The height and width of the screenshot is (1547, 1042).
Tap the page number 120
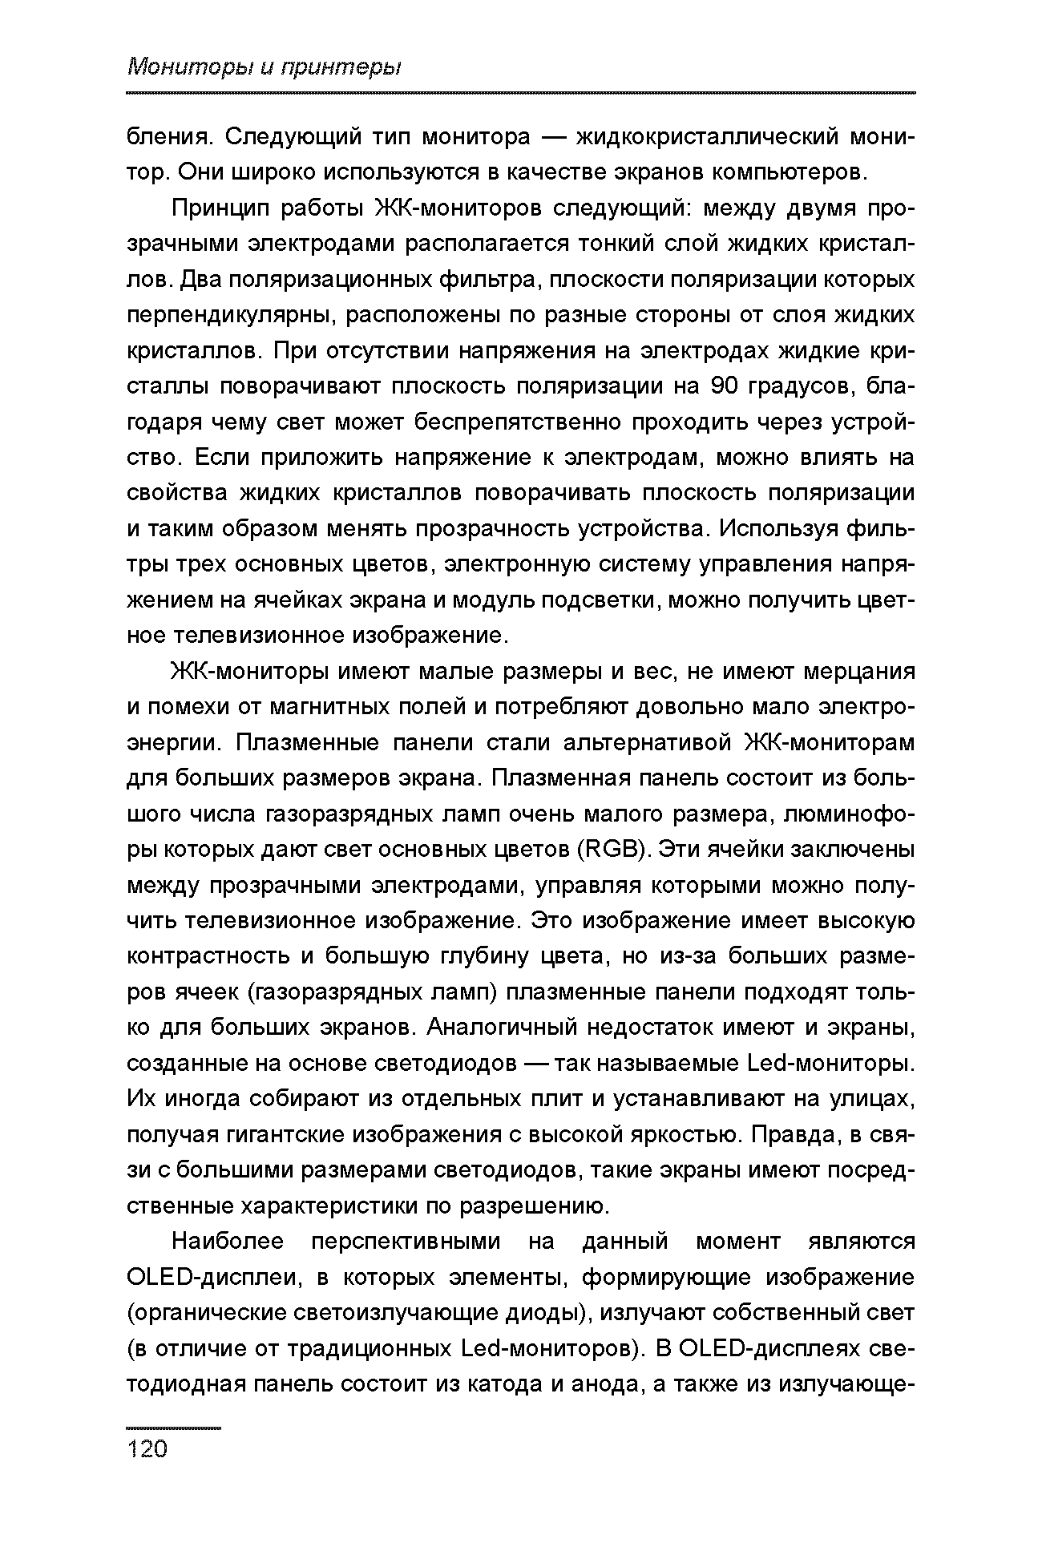147,1448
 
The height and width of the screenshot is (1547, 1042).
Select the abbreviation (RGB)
615,850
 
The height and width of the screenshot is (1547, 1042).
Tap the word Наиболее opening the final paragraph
228,1242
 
